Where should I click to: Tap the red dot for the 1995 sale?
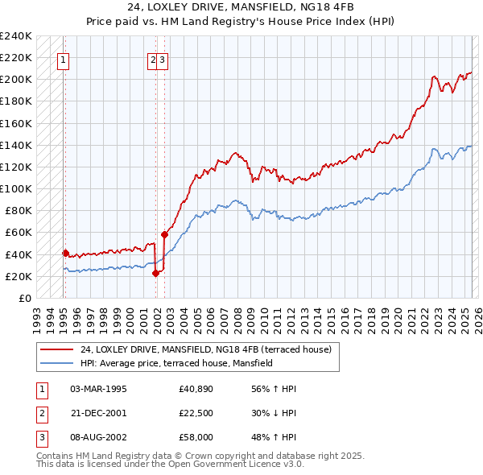(65, 253)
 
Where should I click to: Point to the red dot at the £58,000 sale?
(164, 234)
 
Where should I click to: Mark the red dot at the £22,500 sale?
(155, 273)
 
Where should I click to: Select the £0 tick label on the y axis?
(24, 298)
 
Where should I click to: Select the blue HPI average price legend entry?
(176, 363)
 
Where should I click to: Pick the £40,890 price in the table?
(196, 389)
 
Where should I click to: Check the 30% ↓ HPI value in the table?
(274, 413)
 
